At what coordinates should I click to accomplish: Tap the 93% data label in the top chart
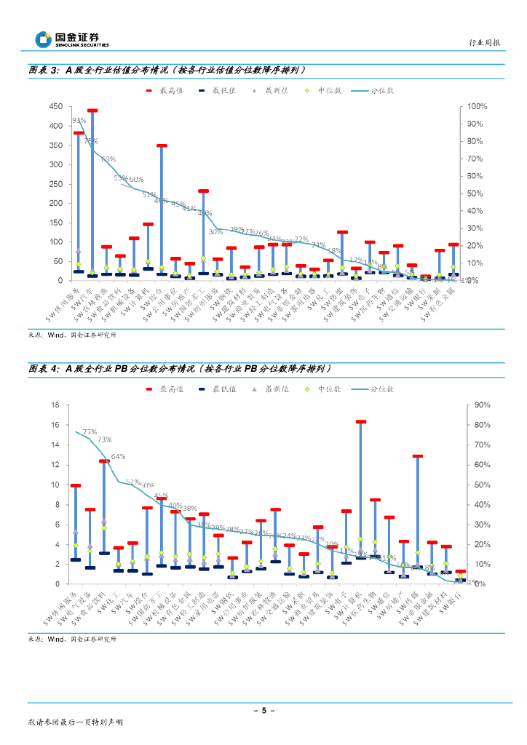point(79,121)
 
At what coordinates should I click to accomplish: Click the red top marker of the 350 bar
point(162,146)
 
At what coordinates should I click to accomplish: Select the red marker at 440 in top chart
point(92,111)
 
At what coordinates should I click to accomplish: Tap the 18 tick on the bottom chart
point(55,405)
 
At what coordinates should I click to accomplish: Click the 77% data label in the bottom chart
point(90,431)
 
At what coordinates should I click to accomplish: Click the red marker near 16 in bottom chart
point(360,421)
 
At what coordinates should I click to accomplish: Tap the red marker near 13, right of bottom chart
point(417,456)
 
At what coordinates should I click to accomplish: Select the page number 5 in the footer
point(263,710)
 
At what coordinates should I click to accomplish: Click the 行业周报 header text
point(484,43)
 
